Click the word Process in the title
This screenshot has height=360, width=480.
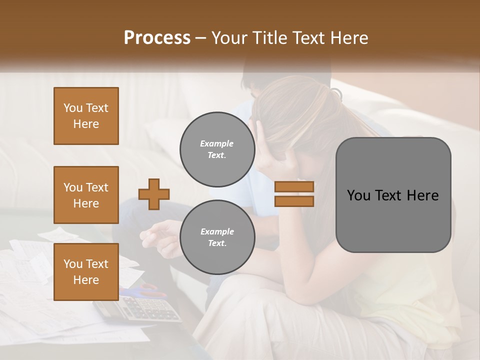(x=157, y=38)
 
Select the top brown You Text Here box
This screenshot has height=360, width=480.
(x=86, y=116)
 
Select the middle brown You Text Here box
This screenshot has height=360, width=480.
(x=86, y=195)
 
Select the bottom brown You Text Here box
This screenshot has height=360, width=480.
(x=86, y=272)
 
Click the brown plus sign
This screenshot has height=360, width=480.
(x=154, y=194)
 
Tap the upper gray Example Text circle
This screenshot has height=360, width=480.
(x=217, y=149)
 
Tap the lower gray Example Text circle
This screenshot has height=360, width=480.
(x=217, y=237)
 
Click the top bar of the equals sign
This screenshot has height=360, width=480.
(x=294, y=186)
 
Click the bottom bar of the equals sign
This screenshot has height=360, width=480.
(x=294, y=201)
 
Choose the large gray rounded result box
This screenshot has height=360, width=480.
(x=393, y=195)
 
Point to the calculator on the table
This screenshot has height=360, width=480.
(x=137, y=308)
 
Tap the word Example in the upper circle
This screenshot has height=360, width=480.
(x=217, y=143)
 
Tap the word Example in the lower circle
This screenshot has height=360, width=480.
(x=217, y=231)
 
